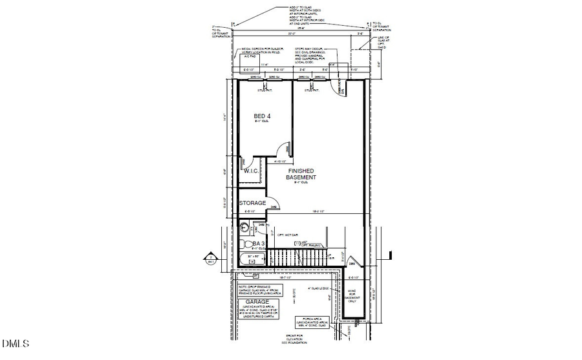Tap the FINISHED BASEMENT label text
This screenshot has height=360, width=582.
[302, 174]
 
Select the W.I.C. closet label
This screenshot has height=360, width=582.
[250, 171]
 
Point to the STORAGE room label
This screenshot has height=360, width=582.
[252, 203]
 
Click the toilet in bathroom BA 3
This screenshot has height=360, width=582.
[246, 244]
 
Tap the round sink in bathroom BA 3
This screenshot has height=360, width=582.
[244, 227]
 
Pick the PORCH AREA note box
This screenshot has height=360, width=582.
[313, 322]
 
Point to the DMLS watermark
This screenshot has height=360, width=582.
[15, 343]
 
